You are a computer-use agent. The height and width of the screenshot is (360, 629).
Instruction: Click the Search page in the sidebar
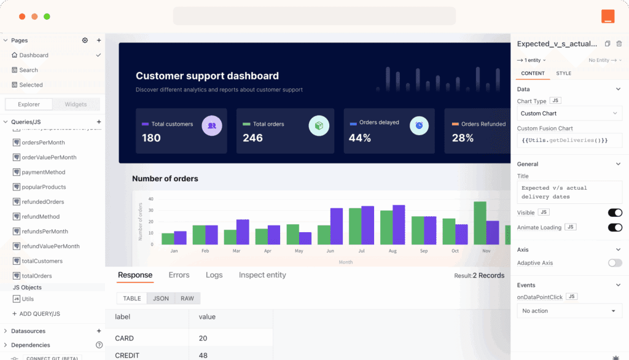[28, 70]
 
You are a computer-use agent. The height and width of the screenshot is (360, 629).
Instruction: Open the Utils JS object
[28, 299]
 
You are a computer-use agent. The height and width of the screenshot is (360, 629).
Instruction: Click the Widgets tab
[76, 104]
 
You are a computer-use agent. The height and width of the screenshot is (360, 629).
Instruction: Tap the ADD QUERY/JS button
[39, 314]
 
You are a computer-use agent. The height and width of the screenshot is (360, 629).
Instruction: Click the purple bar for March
[243, 232]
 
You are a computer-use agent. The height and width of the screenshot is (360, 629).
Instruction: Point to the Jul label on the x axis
[361, 251]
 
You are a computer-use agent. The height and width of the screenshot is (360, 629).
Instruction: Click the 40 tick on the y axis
[151, 199]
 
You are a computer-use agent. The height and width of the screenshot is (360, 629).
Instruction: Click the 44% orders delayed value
[360, 138]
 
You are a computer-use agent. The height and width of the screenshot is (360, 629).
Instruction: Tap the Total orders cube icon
[318, 126]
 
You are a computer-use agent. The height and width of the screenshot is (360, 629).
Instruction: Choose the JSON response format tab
[161, 299]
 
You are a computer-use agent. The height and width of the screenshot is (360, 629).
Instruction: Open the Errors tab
[179, 275]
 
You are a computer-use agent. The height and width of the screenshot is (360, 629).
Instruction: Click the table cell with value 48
[203, 355]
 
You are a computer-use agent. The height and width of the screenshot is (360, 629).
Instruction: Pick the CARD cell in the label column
[124, 338]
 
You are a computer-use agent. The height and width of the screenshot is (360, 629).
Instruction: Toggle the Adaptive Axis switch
[614, 263]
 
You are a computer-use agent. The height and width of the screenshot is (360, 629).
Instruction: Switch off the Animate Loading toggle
[614, 227]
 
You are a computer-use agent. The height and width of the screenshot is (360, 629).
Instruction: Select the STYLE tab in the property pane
[563, 73]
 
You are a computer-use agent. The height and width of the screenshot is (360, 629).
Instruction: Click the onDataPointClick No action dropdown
[569, 311]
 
